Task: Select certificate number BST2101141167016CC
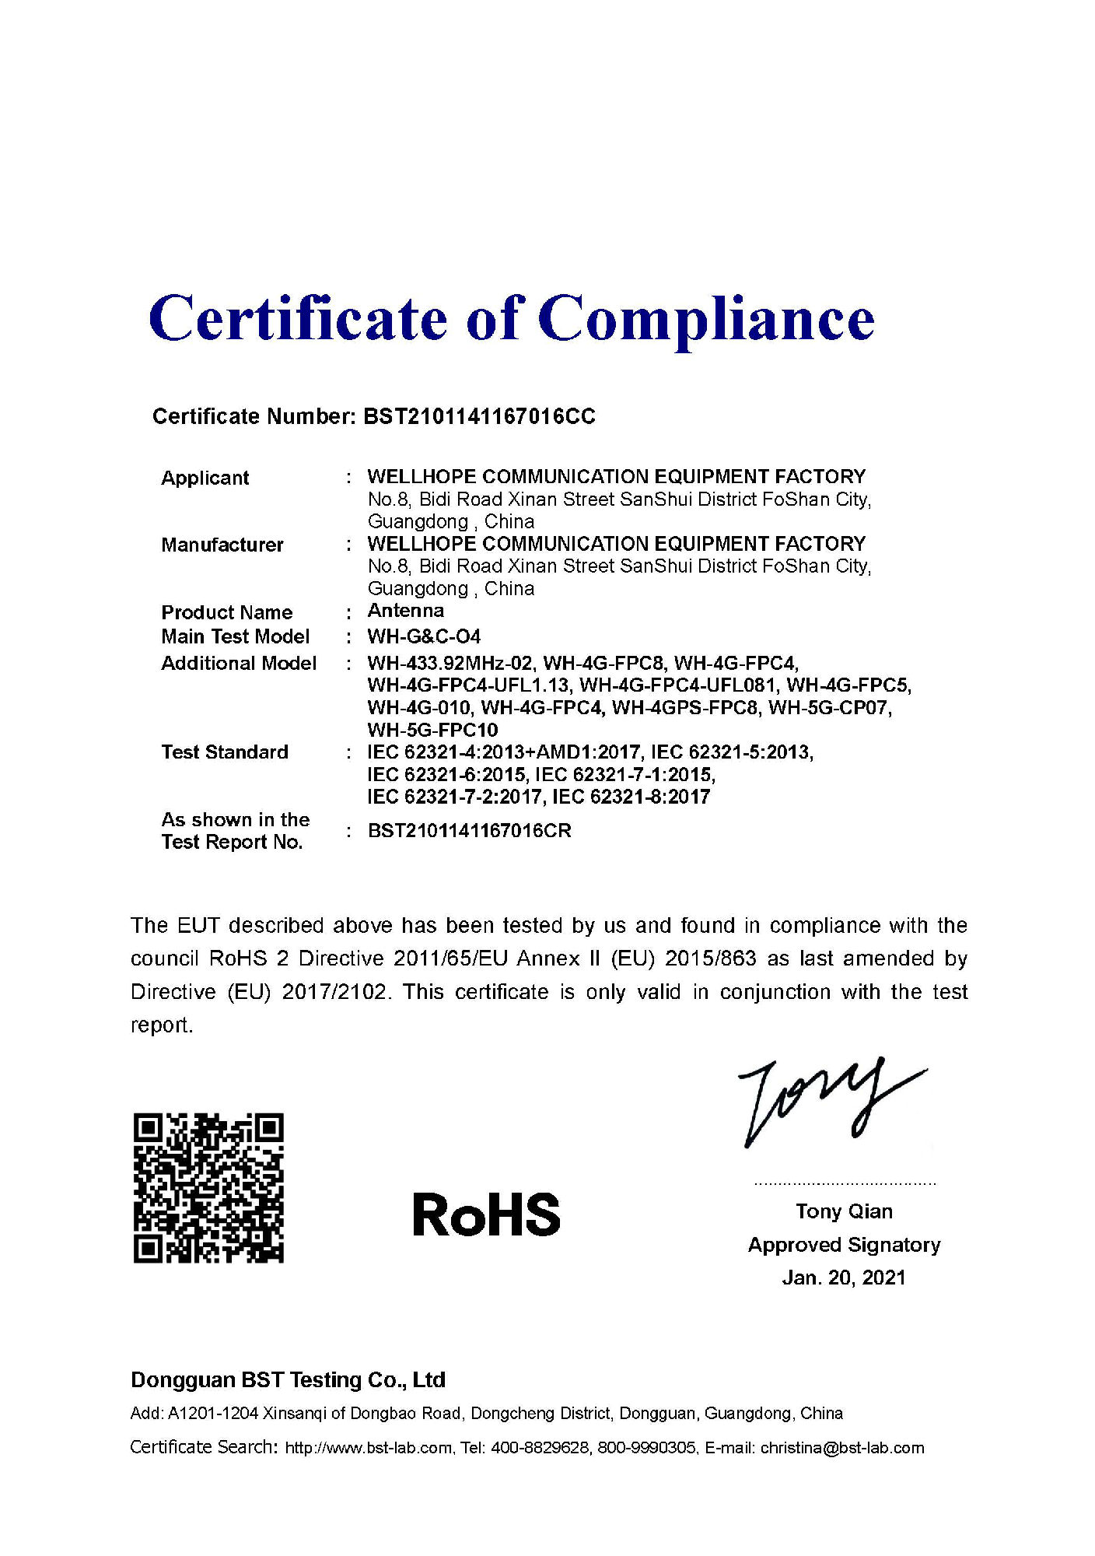point(479,417)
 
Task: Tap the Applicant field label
point(205,478)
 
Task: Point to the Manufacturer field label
point(222,545)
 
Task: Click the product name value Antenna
point(405,611)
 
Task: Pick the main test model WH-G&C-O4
point(424,636)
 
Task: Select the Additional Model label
point(238,663)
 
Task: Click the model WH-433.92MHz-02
point(450,664)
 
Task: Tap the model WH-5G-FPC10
point(432,731)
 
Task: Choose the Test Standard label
point(224,752)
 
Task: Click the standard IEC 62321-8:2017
point(631,797)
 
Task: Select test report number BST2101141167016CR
point(469,831)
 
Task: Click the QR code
point(208,1188)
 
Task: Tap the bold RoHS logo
point(486,1214)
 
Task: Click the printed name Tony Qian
point(844,1211)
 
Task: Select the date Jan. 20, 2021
point(844,1277)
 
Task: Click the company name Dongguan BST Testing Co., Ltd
point(288,1380)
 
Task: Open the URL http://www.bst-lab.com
point(369,1448)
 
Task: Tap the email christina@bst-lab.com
point(842,1448)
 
